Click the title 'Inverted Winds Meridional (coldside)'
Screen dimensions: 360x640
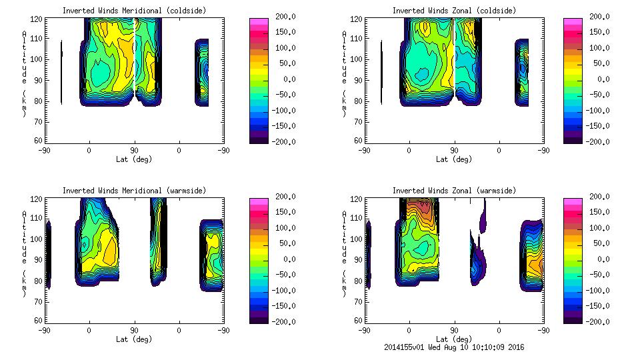(x=134, y=11)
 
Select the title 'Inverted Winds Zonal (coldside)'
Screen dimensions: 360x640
(x=454, y=11)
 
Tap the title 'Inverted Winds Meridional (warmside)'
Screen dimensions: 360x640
(x=134, y=191)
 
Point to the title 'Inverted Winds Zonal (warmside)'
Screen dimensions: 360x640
(x=454, y=191)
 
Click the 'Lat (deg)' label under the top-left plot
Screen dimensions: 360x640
(x=134, y=159)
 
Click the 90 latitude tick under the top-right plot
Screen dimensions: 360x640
(x=454, y=151)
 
